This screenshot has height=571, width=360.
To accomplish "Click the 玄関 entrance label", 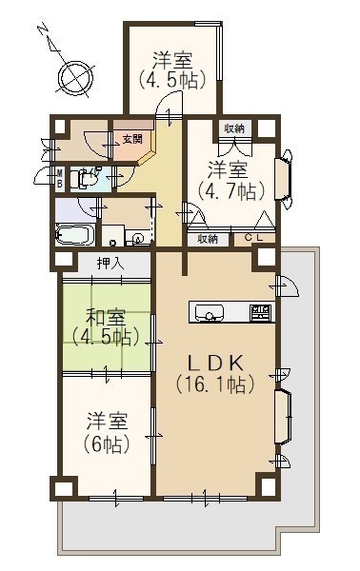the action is tap(132, 139).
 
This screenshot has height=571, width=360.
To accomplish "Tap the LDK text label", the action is tap(214, 363).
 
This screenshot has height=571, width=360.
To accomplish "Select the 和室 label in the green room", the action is tap(106, 318).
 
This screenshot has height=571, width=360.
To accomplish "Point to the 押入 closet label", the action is tap(110, 264).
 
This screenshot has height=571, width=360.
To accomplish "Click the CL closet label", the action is tap(253, 238).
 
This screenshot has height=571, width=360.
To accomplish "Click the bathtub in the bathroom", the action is tap(75, 235).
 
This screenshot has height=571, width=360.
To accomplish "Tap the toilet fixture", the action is tap(80, 179).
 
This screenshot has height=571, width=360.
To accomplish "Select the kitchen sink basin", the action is tap(210, 312).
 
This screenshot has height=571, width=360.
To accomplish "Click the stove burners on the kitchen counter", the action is tap(261, 312).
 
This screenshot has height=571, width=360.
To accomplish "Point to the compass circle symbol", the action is tap(76, 78).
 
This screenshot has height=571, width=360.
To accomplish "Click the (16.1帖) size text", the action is tap(215, 384).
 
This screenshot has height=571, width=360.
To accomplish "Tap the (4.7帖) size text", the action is tap(231, 190).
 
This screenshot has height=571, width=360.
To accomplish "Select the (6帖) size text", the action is tap(107, 443).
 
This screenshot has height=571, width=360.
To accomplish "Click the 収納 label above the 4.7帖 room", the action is tap(234, 128).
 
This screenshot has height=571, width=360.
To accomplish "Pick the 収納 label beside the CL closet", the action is tap(208, 239).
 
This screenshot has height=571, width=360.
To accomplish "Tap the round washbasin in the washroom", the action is tap(138, 239).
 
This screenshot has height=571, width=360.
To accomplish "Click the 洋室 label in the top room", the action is tap(172, 60).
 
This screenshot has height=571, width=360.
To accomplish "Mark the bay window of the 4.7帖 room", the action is tap(284, 179).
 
